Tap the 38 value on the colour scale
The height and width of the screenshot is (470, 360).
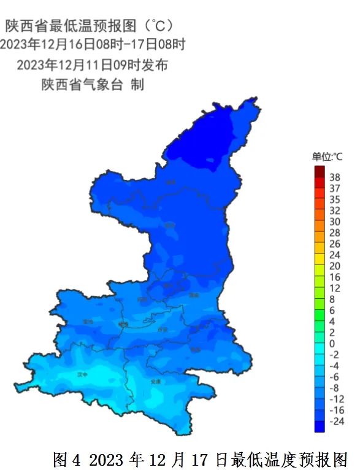point(335,177)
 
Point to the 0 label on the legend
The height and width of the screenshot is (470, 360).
point(332,343)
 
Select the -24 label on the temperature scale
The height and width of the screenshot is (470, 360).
point(337,421)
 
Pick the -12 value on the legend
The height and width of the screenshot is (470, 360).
point(337,399)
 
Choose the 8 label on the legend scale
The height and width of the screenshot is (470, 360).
point(332,299)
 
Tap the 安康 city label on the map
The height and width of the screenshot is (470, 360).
point(156,381)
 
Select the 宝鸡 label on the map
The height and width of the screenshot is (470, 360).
point(89,321)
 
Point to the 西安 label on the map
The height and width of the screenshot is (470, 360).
point(163,329)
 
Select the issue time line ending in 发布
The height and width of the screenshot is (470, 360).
point(92,64)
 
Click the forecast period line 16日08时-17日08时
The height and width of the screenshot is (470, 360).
point(92,45)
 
